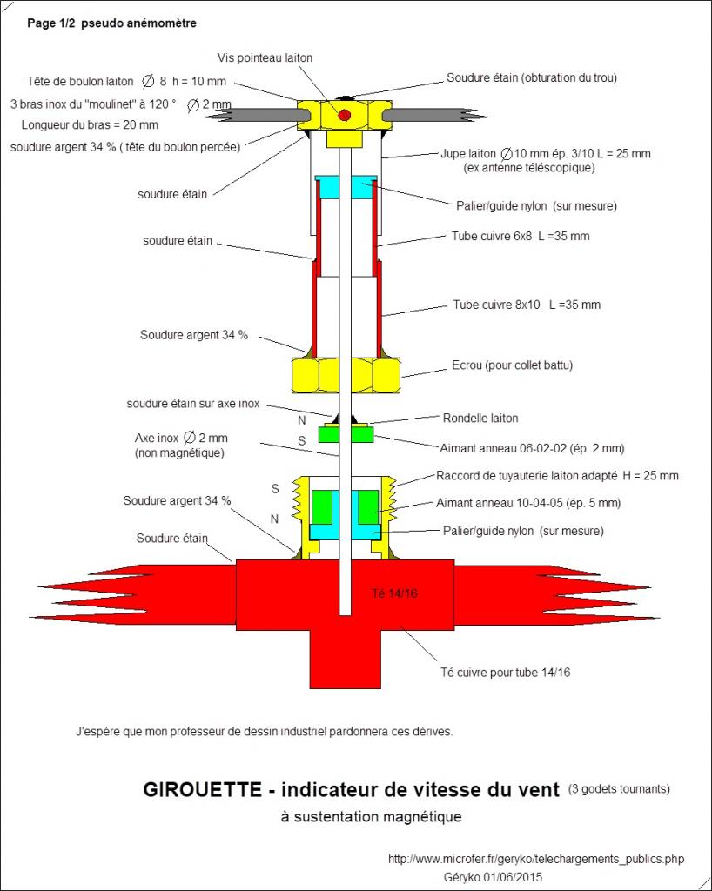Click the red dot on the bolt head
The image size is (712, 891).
coord(345,115)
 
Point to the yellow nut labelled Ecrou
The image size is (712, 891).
coord(345,374)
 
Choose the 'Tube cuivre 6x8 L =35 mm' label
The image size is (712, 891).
coord(521,236)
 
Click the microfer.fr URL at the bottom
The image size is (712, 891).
coord(535,859)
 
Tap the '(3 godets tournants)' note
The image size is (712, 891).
coord(619,789)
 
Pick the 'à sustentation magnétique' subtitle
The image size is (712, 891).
coord(371,817)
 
